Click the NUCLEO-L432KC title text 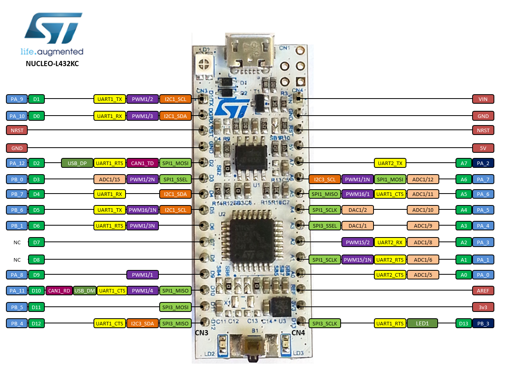(52, 64)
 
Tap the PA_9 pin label (17, 99)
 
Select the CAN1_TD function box (142, 163)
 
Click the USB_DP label (77, 163)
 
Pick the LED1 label (422, 323)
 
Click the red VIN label (483, 99)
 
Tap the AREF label (483, 291)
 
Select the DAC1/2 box (357, 210)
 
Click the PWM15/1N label (357, 260)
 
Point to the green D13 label (463, 323)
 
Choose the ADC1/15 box (109, 179)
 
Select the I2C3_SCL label (324, 179)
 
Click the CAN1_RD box (59, 291)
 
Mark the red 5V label (483, 148)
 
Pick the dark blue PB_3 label (483, 323)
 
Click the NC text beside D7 (17, 242)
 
